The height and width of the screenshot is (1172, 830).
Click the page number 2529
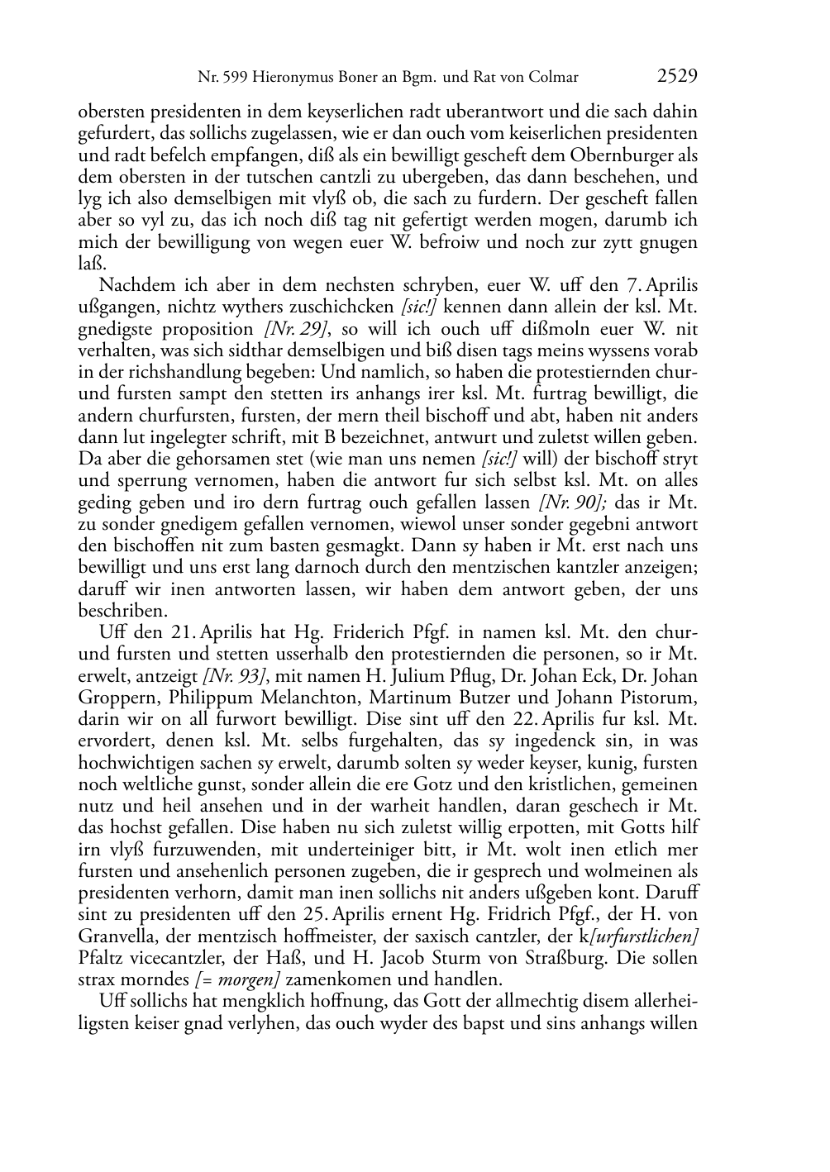click(x=677, y=77)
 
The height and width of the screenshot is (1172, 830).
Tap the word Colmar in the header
click(x=556, y=78)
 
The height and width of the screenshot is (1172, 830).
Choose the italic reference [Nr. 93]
click(x=232, y=676)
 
